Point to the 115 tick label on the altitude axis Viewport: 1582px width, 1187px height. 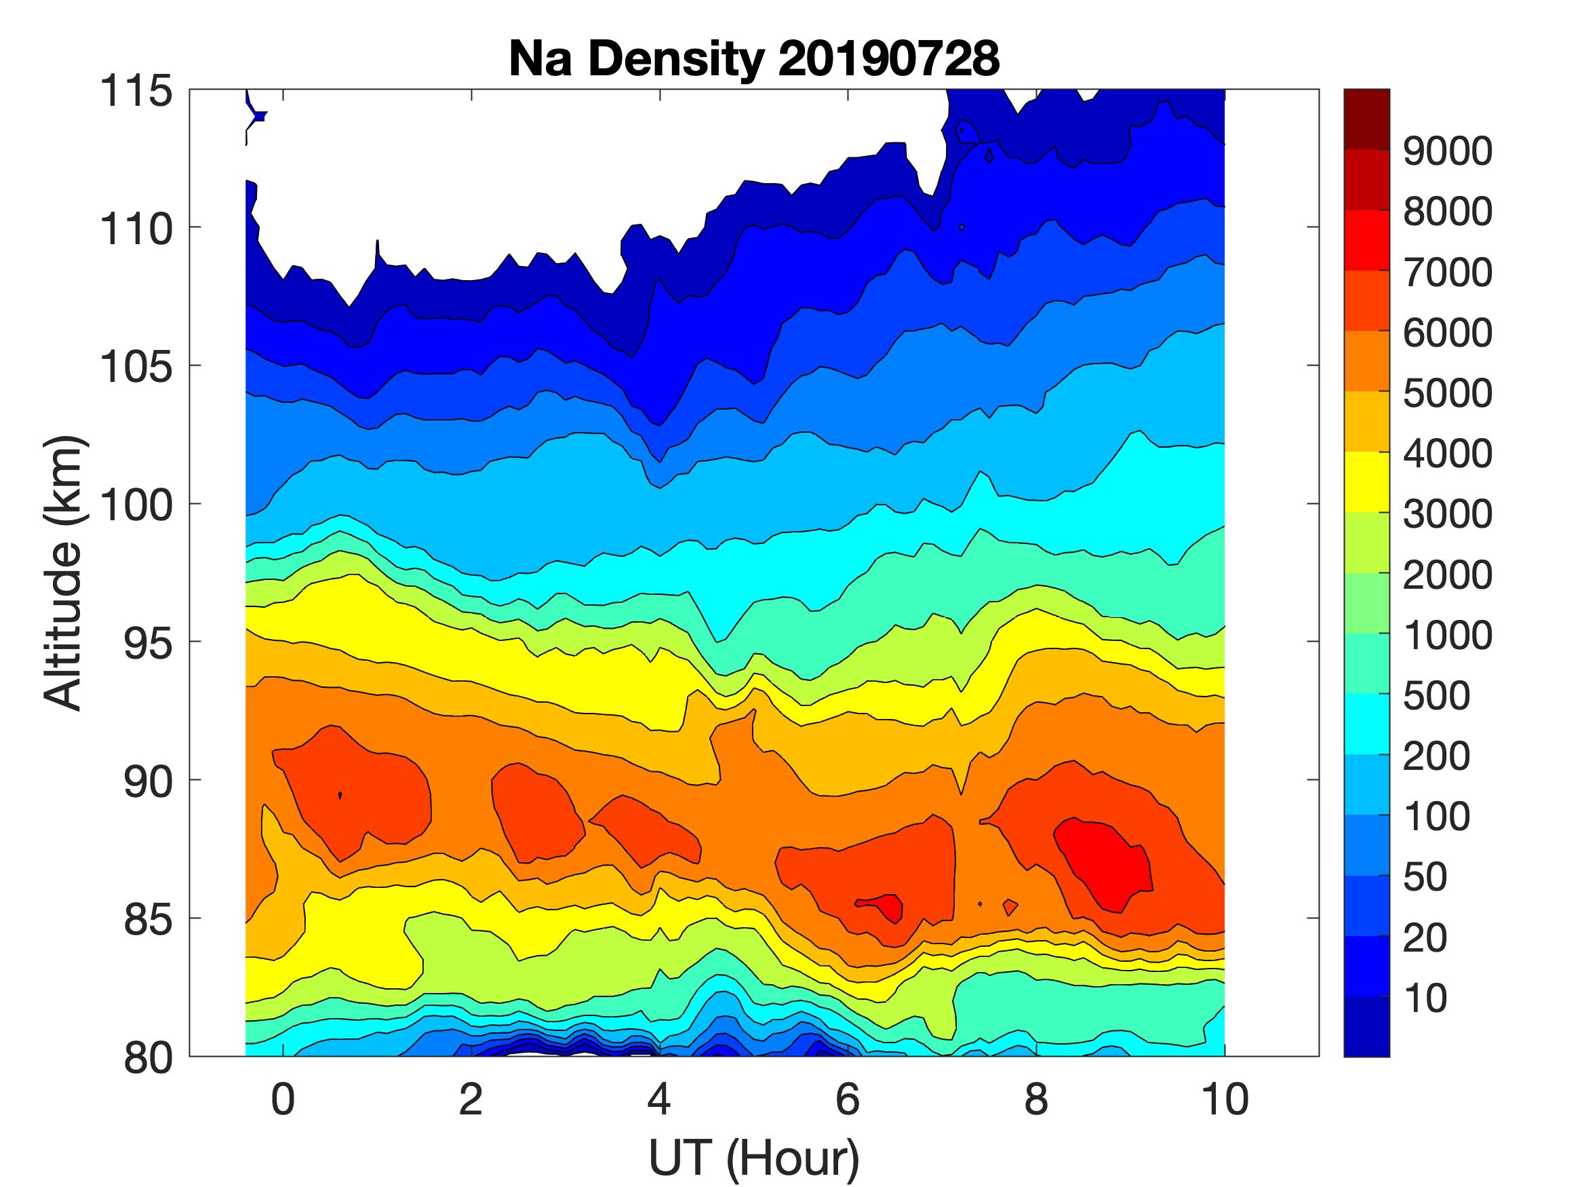coord(136,92)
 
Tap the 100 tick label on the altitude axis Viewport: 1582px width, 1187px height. coord(136,505)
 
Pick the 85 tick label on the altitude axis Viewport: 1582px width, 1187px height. coord(148,919)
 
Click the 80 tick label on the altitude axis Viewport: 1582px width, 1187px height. coord(148,1057)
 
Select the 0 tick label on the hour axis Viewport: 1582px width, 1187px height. coord(283,1100)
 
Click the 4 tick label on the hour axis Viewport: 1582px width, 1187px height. coord(659,1100)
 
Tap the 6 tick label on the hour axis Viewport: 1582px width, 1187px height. coord(848,1100)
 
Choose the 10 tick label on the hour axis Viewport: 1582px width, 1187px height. coord(1225,1100)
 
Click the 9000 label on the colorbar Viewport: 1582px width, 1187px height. coord(1448,151)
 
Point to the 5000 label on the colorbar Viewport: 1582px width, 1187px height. coord(1448,393)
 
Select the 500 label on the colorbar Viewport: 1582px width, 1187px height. coord(1436,695)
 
